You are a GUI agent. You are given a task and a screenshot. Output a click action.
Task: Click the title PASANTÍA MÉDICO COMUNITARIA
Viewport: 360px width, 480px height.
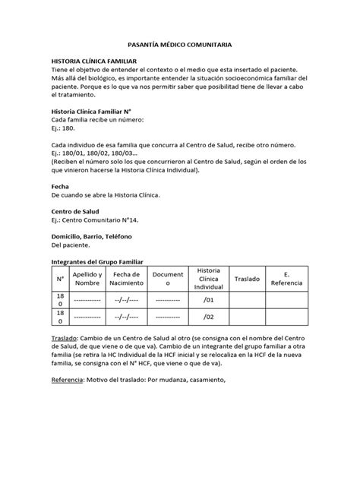179,46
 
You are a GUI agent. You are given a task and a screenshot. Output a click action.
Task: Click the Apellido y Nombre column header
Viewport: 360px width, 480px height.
88,279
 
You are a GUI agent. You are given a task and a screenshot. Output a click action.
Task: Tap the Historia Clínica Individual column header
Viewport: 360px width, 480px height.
207,279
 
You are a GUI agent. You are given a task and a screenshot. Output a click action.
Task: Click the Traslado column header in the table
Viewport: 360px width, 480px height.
247,279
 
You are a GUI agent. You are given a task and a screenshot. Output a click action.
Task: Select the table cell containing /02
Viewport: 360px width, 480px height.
207,318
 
